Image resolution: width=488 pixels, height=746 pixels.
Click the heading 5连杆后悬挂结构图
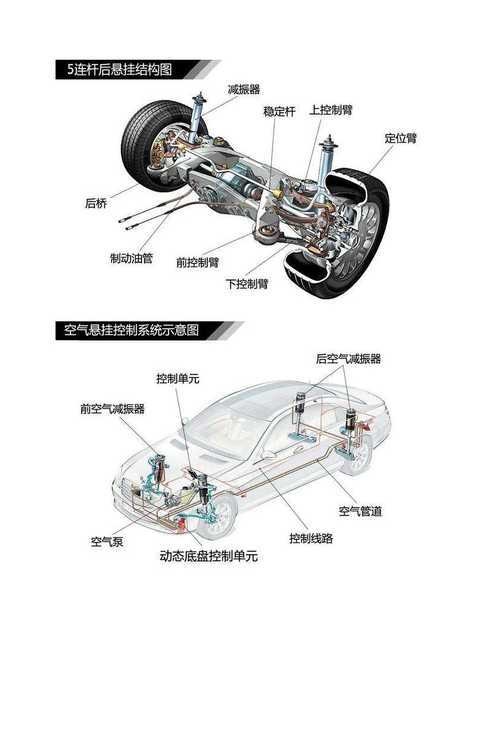pos(119,70)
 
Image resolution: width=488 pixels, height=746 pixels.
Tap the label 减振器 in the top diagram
pos(244,90)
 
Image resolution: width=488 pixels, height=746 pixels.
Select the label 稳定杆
pos(279,112)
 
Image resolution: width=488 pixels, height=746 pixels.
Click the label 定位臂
pos(400,139)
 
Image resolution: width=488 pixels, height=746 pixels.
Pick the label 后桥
pos(96,204)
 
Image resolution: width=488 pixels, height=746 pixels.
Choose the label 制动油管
pos(131,258)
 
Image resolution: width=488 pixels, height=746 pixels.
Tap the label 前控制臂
pos(197,262)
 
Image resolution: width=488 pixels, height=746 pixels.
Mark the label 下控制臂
pos(247,284)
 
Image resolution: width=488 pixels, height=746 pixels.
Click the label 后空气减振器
pos(348,359)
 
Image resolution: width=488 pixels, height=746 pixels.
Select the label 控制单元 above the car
pos(177,379)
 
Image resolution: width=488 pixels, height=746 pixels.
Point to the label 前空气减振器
pos(112,409)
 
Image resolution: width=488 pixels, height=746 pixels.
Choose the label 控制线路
pos(311,538)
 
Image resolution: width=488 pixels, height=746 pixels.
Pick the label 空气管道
pos(360,511)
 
